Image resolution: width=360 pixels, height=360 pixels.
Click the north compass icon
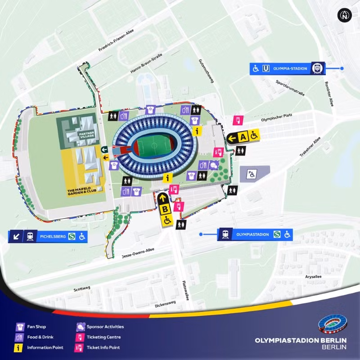coord(344,15)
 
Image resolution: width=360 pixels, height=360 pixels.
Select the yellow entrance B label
coord(165,209)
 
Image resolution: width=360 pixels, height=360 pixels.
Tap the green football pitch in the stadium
coord(152,147)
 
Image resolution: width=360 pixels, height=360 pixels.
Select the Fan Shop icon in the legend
coord(20,327)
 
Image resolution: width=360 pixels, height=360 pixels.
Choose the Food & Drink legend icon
coord(20,337)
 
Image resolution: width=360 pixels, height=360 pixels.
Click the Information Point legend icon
coord(20,347)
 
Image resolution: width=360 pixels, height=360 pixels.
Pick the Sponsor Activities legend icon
coord(80,327)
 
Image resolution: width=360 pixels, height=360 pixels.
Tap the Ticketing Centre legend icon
coord(80,337)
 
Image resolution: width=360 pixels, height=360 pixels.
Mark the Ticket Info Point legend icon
coord(80,347)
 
